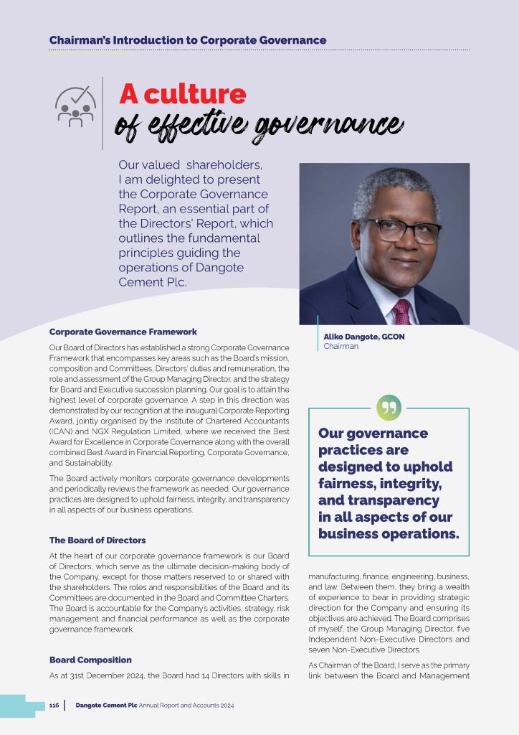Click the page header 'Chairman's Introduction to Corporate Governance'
click(x=188, y=40)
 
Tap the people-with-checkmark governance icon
click(x=75, y=107)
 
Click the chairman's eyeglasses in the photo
click(x=401, y=230)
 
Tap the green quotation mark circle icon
click(x=389, y=408)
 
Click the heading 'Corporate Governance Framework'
click(x=123, y=332)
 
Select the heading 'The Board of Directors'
click(x=97, y=540)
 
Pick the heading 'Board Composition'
click(x=90, y=660)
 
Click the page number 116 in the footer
click(x=54, y=706)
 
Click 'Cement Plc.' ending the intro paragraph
click(x=153, y=281)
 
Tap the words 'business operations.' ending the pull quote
click(x=388, y=533)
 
